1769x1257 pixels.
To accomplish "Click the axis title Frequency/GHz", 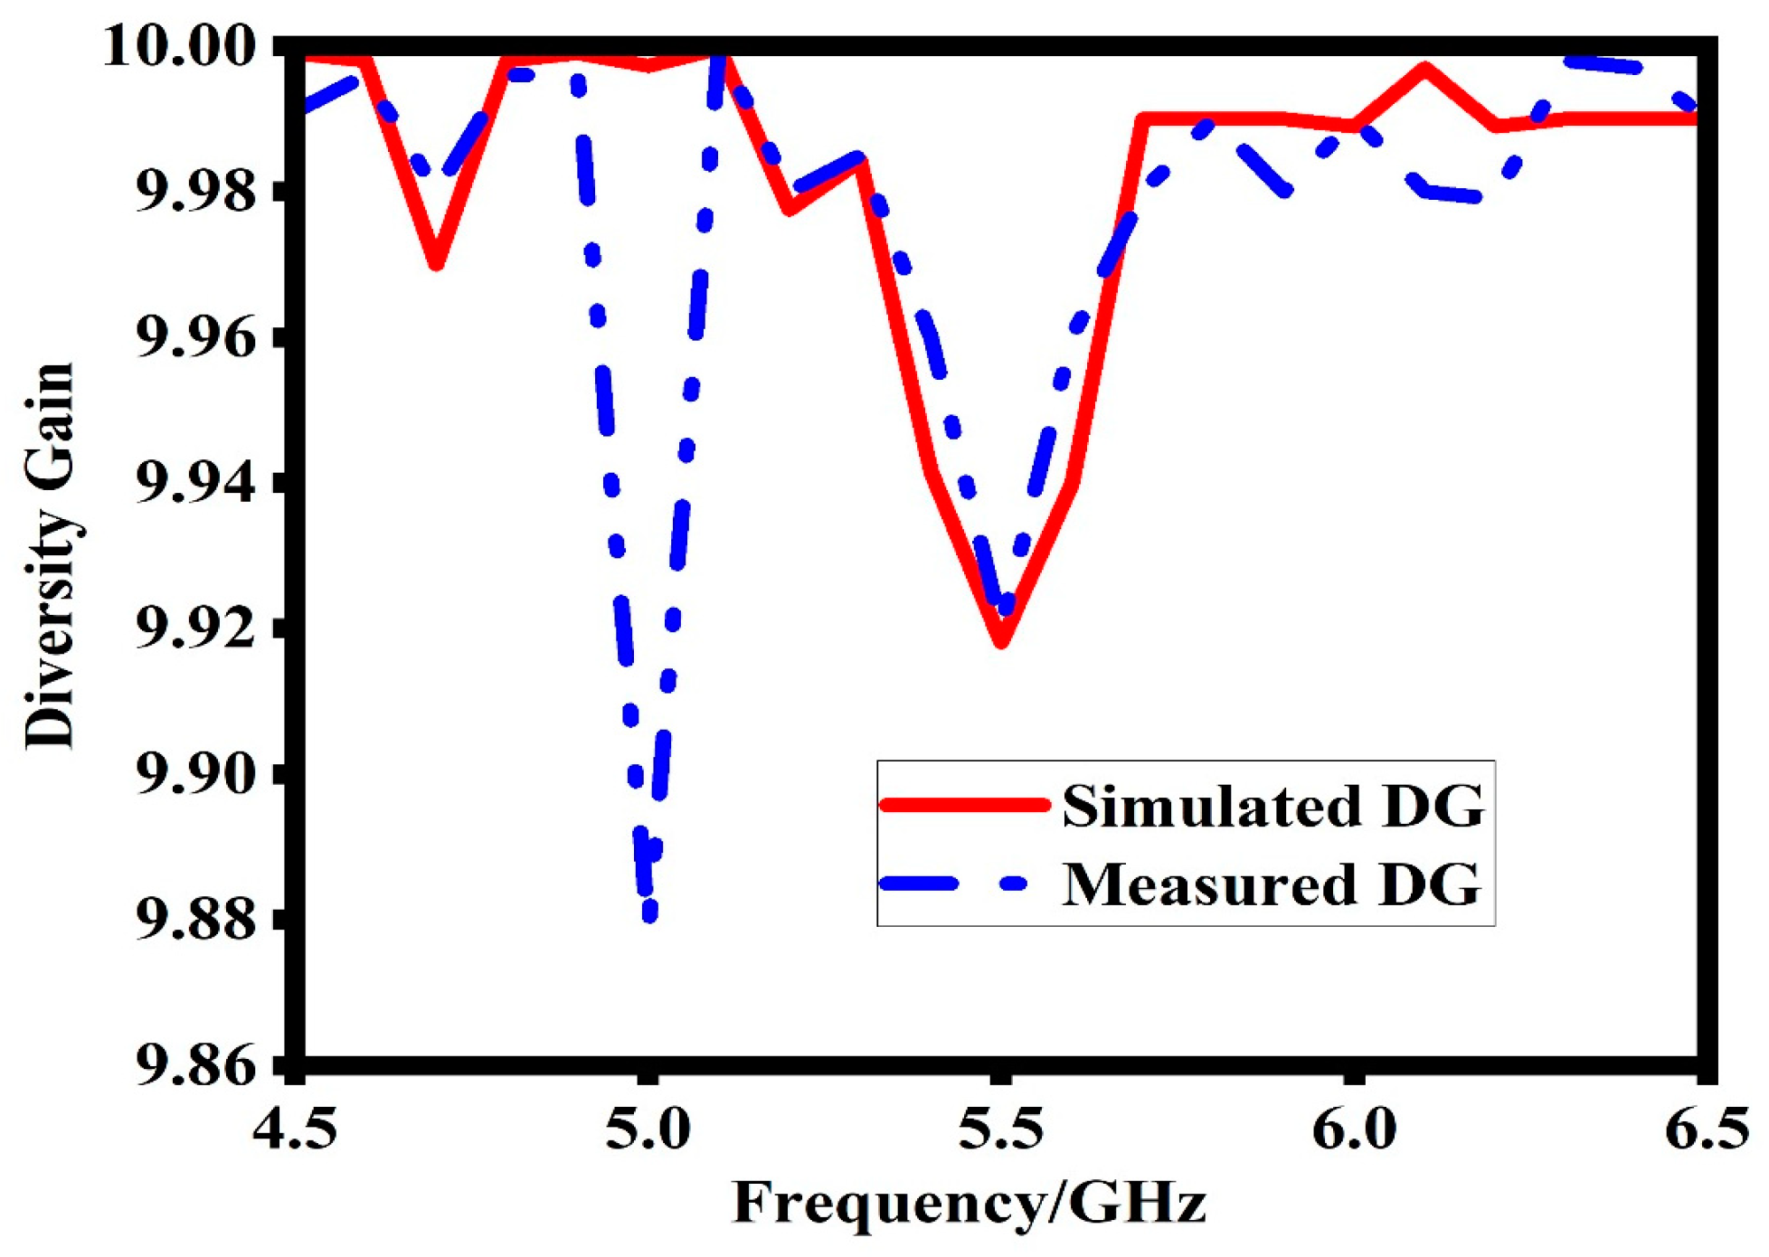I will point(969,1204).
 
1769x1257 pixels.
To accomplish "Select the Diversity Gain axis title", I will point(49,555).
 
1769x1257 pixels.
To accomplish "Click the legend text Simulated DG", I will point(1272,806).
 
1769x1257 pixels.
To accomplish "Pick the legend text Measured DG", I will point(1271,884).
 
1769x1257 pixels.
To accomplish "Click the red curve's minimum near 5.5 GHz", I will point(1000,640).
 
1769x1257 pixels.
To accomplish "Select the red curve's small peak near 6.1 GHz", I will point(1424,70).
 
